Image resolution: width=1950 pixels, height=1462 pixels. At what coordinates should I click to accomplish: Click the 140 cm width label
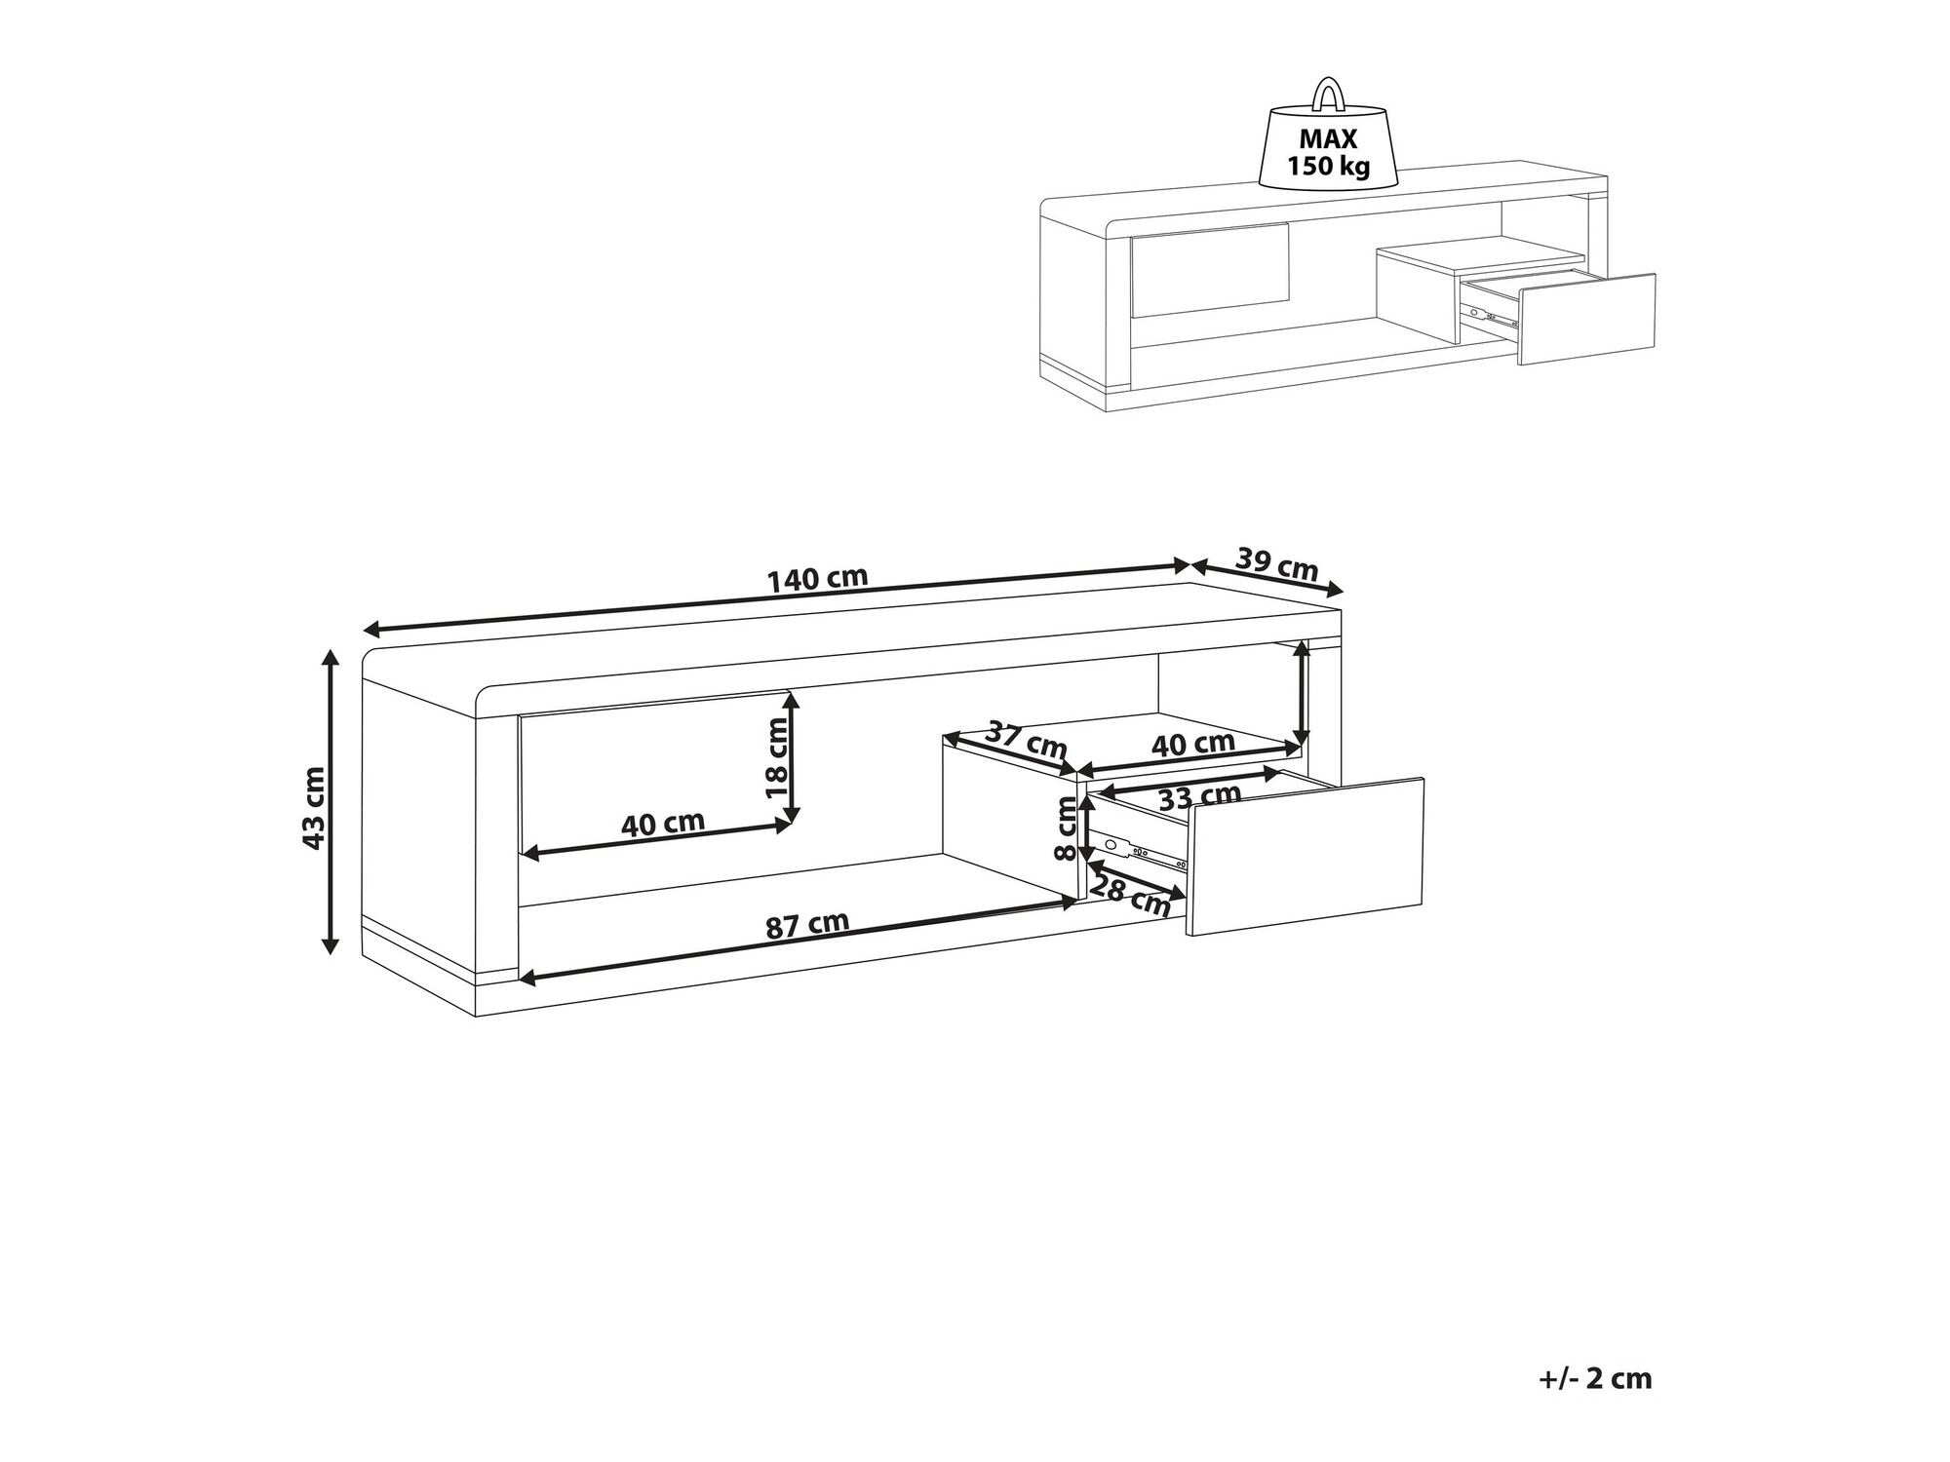817,579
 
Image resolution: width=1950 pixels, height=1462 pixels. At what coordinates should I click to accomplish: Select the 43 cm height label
313,808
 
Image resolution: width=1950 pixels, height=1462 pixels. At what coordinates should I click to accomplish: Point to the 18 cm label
777,757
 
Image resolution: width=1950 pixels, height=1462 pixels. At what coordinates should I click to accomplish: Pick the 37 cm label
1027,740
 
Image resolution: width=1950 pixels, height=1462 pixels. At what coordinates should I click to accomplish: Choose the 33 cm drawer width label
1199,796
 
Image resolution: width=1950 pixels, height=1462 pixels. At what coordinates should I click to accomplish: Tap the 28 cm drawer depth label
1130,896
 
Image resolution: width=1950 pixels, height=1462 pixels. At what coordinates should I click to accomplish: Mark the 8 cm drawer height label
1066,828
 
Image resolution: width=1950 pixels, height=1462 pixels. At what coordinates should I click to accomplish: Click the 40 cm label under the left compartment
663,824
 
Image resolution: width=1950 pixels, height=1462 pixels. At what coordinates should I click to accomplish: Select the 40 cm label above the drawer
1193,744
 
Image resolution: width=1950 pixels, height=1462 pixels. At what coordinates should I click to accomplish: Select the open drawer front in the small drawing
1587,319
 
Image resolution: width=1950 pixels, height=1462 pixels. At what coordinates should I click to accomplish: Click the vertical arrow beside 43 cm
331,800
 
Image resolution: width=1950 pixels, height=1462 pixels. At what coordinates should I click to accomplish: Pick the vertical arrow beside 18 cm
794,757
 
